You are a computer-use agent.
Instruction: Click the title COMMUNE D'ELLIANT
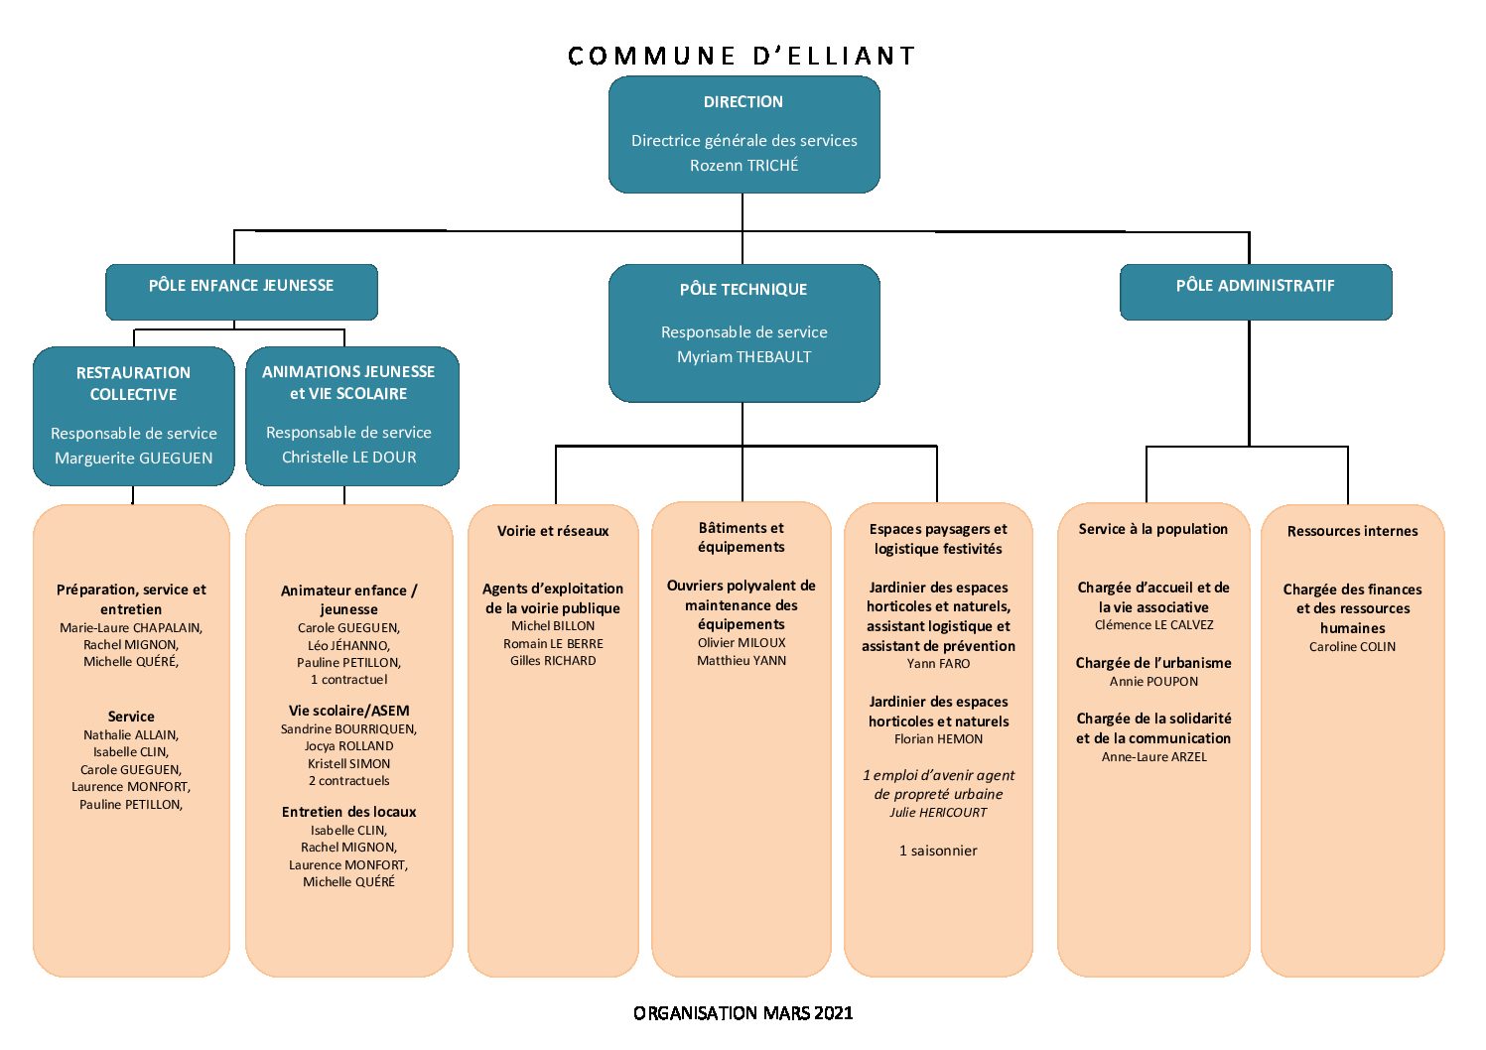coord(742,56)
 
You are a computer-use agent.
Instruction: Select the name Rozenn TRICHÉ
coord(743,165)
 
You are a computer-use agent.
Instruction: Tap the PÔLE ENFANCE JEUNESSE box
coord(241,292)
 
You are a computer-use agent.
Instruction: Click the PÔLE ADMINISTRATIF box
coord(1256,292)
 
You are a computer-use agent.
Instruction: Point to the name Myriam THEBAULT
coord(743,357)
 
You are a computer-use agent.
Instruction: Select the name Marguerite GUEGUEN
coord(133,459)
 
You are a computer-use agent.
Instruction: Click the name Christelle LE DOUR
coord(349,457)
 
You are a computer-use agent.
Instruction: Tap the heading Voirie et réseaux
coord(553,531)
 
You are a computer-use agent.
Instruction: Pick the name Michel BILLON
coord(553,625)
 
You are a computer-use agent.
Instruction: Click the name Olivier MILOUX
coord(741,643)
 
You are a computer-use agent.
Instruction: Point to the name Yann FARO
coord(938,663)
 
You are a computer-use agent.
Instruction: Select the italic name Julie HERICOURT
coord(938,813)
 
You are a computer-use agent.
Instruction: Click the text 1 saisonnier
coord(938,851)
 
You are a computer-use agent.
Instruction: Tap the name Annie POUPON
coord(1153,681)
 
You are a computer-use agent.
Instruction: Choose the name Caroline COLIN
coord(1352,647)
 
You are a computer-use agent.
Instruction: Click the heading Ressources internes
coord(1352,531)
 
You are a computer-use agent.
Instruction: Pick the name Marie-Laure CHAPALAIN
coord(130,627)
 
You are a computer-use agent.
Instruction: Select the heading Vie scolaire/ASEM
coord(349,711)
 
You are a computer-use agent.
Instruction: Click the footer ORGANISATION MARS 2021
coord(743,1013)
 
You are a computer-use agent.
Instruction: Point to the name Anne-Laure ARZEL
coord(1153,757)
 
